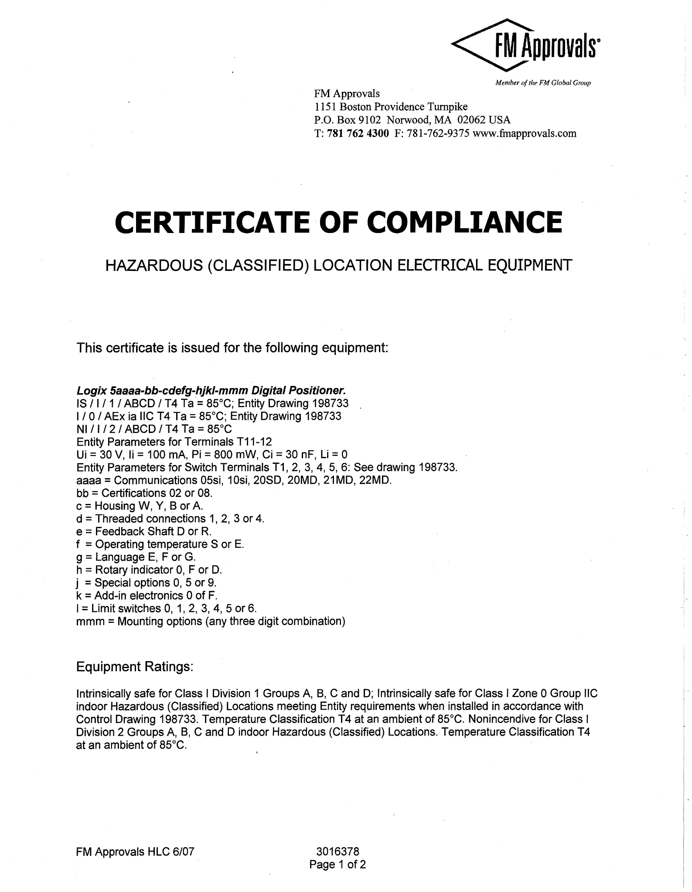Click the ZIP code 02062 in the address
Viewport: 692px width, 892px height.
click(x=471, y=120)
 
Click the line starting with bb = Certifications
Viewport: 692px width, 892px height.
click(x=144, y=493)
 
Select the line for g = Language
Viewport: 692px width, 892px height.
click(x=136, y=557)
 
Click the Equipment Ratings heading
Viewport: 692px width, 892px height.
click(x=135, y=667)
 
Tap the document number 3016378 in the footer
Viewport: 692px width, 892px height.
click(x=337, y=851)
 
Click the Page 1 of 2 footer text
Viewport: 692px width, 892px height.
click(x=337, y=864)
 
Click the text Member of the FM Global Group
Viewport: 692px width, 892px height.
click(x=543, y=83)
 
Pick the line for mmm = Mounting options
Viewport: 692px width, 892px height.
click(x=211, y=621)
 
